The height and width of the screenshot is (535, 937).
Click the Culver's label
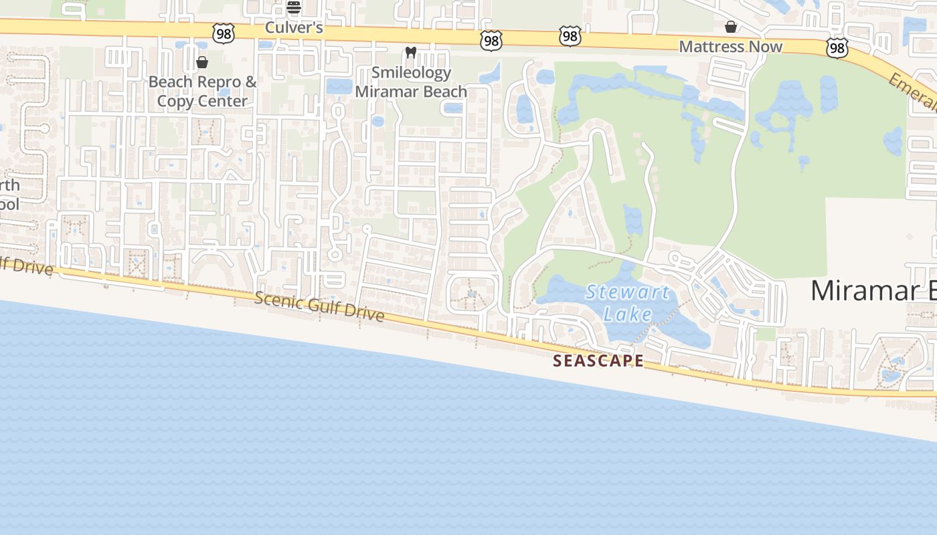pos(294,27)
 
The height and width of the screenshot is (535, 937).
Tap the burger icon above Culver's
pos(294,8)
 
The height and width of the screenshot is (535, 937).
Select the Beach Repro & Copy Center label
pos(202,92)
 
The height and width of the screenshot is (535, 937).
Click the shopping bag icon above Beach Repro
pos(202,63)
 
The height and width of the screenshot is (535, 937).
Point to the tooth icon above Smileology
pos(411,52)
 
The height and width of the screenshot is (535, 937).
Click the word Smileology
pos(411,72)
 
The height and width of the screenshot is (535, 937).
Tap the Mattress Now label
pos(730,47)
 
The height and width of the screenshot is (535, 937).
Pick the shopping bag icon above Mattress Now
pos(731,27)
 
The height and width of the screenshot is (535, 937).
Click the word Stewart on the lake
pos(627,292)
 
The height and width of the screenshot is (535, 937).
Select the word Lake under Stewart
pos(627,313)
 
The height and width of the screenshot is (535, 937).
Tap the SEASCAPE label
pos(598,361)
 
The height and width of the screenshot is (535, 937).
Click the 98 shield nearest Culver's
pos(224,33)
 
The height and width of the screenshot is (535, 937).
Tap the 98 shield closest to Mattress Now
pos(837,47)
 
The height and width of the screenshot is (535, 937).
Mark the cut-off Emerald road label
pos(914,92)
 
